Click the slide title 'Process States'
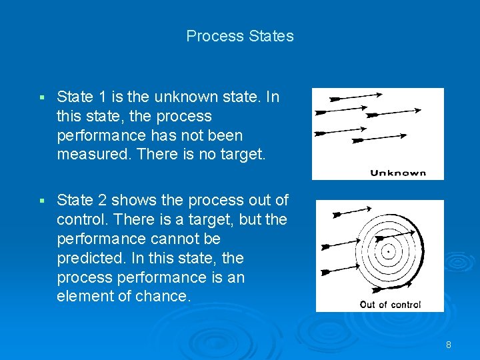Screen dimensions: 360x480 240,36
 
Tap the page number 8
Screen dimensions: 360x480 449,345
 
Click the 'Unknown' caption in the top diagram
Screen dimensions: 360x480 398,173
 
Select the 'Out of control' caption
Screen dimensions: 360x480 390,305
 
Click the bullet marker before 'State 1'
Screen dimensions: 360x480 41,98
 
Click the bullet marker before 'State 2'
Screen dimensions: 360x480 41,201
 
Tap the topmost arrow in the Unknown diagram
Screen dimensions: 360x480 359,97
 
